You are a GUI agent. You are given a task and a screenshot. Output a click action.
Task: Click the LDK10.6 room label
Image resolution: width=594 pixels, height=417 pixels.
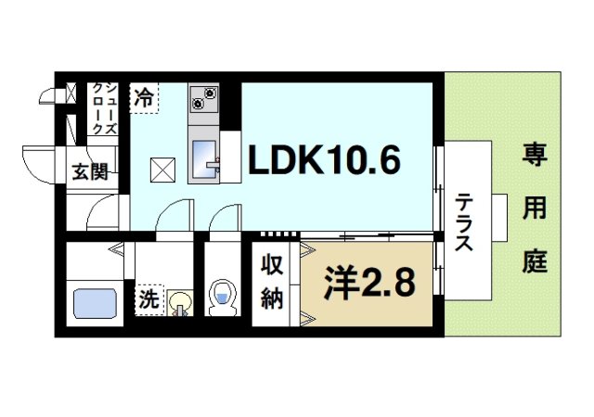323,161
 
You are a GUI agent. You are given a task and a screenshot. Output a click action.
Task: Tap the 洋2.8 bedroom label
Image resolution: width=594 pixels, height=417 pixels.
368,282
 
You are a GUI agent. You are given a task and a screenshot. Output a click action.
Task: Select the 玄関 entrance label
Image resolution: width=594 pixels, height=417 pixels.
90,172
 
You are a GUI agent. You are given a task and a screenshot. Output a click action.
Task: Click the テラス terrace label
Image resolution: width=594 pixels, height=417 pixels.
464,224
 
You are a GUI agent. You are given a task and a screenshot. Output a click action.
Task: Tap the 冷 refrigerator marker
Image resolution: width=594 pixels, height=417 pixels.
143,95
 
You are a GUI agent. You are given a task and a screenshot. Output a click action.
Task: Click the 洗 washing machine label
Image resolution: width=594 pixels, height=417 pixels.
148,299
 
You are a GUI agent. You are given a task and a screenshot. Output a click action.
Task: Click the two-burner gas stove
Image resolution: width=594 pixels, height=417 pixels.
204,95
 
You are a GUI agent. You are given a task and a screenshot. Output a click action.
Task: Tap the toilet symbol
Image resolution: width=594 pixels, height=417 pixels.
223,297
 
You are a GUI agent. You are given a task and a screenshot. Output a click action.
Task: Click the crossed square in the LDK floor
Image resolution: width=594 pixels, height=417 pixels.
163,169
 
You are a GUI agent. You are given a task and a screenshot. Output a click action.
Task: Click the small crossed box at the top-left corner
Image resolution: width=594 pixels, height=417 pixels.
71,93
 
